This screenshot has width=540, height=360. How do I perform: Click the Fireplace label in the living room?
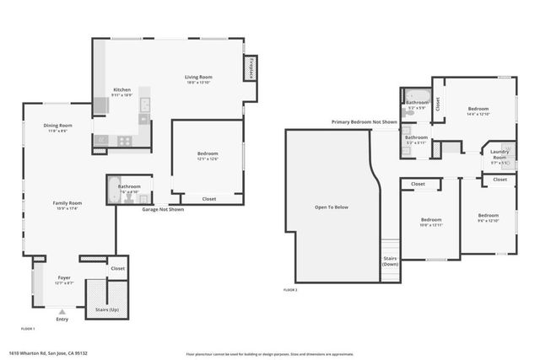(251, 68)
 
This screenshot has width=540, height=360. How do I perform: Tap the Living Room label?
(199, 78)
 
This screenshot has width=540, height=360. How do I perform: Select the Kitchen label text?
(121, 90)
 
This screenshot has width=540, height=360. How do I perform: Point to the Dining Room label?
(58, 126)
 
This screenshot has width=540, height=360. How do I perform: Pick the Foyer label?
(64, 277)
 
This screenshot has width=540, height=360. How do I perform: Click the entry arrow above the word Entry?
(62, 312)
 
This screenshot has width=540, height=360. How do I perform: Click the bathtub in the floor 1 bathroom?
(111, 191)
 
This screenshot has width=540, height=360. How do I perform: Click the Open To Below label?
(332, 207)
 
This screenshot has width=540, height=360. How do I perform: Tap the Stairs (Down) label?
(390, 261)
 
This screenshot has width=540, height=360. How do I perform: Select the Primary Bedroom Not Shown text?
(364, 122)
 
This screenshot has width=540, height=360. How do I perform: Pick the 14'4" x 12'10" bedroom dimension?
(478, 114)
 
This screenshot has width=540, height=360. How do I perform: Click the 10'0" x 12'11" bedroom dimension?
(430, 225)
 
